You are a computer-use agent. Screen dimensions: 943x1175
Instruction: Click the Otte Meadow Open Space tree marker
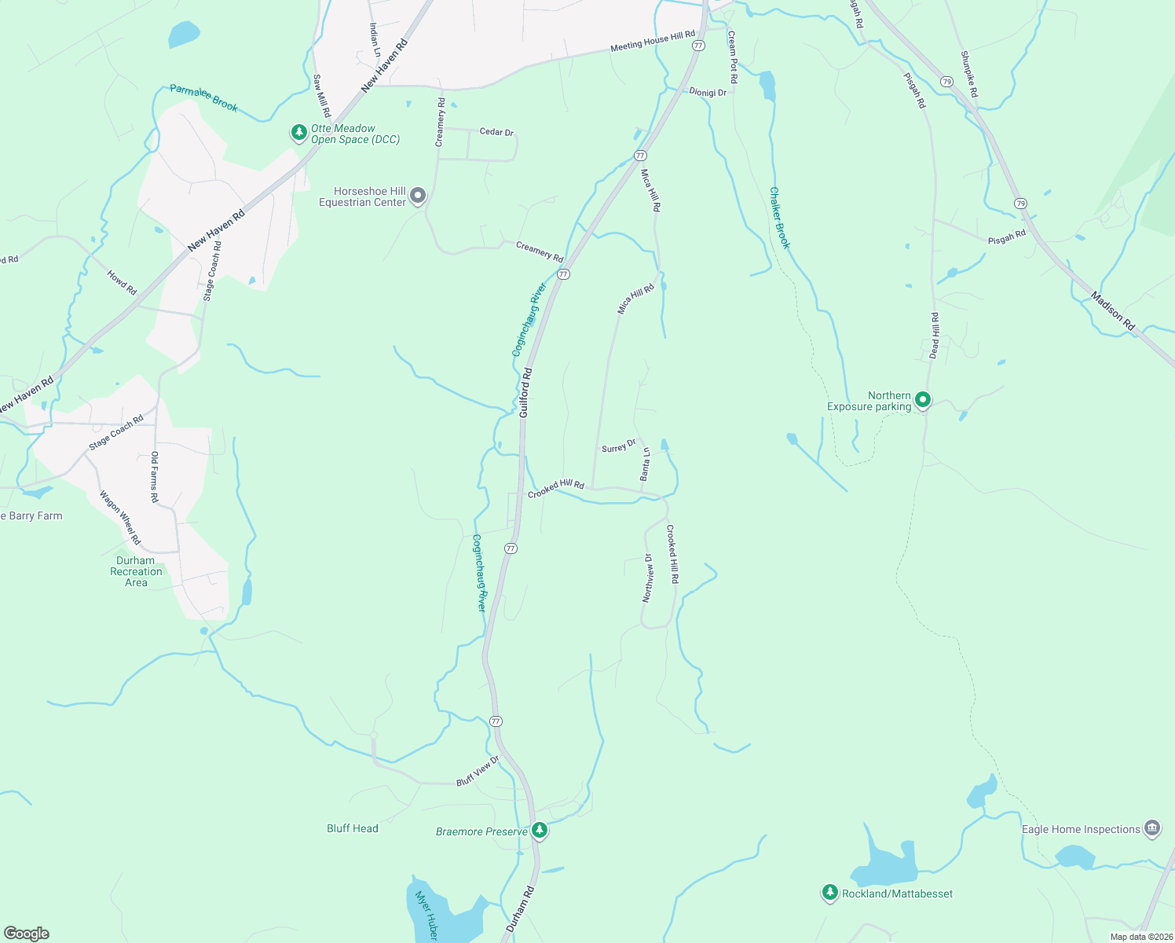[x=298, y=132]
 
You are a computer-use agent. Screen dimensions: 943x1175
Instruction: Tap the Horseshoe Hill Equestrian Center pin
[x=418, y=195]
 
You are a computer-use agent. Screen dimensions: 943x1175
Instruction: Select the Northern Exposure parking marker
[x=923, y=400]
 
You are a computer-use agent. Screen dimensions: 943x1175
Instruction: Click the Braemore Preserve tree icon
[x=539, y=830]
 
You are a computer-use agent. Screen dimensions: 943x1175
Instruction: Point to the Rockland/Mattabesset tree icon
[x=830, y=892]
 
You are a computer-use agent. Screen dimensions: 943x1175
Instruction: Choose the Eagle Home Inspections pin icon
[x=1152, y=828]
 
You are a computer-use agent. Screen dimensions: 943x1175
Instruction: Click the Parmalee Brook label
[x=203, y=98]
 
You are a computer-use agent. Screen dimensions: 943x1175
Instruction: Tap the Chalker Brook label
[x=779, y=218]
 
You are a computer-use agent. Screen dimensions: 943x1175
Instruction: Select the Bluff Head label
[x=353, y=828]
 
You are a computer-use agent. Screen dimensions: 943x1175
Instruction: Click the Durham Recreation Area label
[x=136, y=571]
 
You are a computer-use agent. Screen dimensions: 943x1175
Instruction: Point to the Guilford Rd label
[x=525, y=392]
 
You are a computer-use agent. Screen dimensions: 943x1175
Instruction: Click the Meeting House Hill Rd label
[x=653, y=42]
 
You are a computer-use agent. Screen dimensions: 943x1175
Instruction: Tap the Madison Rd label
[x=1113, y=310]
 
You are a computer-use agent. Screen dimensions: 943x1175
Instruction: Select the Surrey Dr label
[x=619, y=446]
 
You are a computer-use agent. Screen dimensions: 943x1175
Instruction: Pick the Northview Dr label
[x=647, y=578]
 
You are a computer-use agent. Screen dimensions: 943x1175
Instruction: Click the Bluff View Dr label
[x=478, y=772]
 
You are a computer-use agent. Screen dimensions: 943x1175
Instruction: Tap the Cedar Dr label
[x=496, y=131]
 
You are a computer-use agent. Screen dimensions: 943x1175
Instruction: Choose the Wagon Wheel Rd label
[x=120, y=518]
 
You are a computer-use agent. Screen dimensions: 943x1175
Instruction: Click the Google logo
[x=27, y=934]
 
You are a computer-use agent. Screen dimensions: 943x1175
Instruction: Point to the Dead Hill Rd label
[x=934, y=336]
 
